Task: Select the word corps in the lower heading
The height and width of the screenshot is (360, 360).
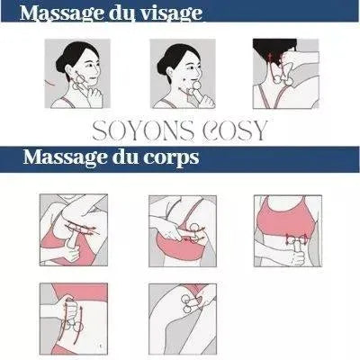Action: (171, 157)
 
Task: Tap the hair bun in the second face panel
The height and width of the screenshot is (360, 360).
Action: (163, 65)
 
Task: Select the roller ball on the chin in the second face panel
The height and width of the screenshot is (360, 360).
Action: (196, 86)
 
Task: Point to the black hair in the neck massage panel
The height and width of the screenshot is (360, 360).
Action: (271, 49)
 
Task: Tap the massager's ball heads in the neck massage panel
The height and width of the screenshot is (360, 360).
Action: (283, 79)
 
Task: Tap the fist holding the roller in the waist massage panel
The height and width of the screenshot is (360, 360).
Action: (294, 257)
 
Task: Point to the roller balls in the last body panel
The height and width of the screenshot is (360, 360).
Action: (185, 304)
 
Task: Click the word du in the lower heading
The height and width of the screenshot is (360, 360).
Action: (124, 157)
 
